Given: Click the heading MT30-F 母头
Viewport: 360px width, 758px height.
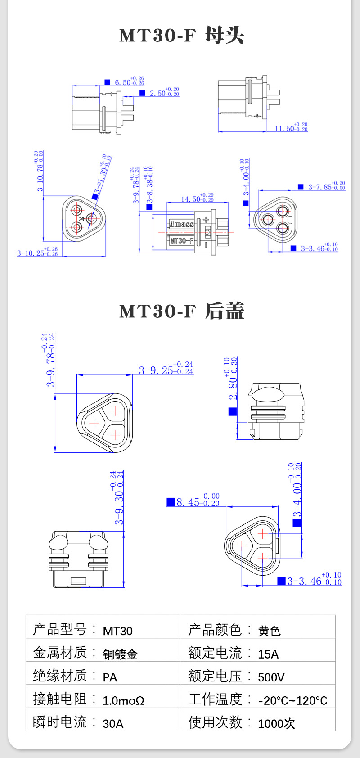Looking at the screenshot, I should [x=181, y=36].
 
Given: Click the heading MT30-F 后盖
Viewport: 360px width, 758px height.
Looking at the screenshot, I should [x=181, y=311].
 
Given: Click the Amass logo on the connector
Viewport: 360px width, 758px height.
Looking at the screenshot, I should [x=182, y=224].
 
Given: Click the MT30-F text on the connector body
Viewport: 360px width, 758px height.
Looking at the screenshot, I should [x=181, y=240].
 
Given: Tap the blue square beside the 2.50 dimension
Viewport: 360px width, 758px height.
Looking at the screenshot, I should [x=142, y=93].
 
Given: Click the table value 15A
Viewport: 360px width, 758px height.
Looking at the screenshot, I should [x=268, y=654].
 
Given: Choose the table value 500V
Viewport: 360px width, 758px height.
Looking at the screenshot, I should [x=271, y=677].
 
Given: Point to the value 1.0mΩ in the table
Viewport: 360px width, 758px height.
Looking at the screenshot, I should [x=123, y=700].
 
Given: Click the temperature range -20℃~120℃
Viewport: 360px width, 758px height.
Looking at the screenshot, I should [x=292, y=700].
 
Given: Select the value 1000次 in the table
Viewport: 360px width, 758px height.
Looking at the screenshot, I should [x=276, y=723].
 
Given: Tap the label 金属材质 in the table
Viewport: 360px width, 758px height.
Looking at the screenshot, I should [x=60, y=652].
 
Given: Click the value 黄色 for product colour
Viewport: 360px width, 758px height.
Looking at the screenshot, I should [x=269, y=631].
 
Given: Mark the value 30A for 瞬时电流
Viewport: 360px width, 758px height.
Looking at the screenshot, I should [x=113, y=723].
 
